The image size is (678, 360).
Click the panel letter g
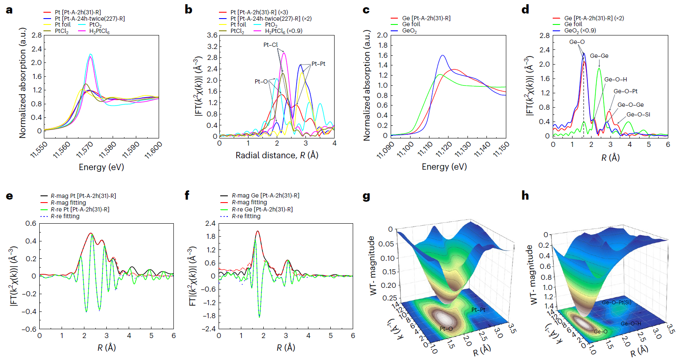pyautogui.click(x=366, y=196)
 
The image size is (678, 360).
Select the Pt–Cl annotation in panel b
pyautogui.click(x=270, y=45)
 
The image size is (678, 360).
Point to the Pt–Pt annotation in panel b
pyautogui.click(x=319, y=64)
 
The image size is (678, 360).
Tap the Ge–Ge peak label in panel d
pyautogui.click(x=599, y=56)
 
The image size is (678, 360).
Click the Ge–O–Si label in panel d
pyautogui.click(x=638, y=114)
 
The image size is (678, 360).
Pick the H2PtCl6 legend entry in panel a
pyautogui.click(x=99, y=31)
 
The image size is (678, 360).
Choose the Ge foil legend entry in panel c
pyautogui.click(x=411, y=24)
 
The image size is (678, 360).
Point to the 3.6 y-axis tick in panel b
pyautogui.click(x=212, y=35)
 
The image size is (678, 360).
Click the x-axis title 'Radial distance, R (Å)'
pyautogui.click(x=277, y=155)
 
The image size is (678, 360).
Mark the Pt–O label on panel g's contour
pyautogui.click(x=446, y=328)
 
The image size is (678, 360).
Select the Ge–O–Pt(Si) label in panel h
pyautogui.click(x=616, y=302)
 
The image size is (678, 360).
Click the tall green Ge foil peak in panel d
pyautogui.click(x=599, y=69)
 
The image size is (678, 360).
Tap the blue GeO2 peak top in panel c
pyautogui.click(x=443, y=55)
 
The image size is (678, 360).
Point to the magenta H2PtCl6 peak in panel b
pyautogui.click(x=284, y=52)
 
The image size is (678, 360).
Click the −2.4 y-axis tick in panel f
pyautogui.click(x=210, y=329)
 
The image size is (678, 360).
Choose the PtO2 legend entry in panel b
pyautogui.click(x=271, y=25)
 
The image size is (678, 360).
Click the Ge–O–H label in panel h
pyautogui.click(x=631, y=323)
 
